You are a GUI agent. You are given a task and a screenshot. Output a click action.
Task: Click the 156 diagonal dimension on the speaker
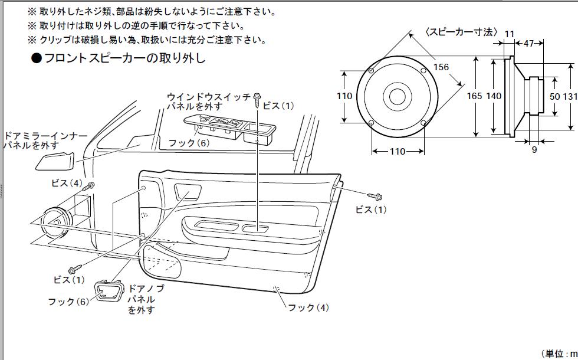pos(441,67)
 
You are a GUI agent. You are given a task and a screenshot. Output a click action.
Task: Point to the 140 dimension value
pos(494,96)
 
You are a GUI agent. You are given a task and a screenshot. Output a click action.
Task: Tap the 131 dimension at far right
pos(570,96)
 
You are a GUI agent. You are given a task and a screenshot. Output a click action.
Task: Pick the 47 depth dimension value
pos(528,43)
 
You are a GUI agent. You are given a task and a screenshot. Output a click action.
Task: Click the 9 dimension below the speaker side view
pos(534,150)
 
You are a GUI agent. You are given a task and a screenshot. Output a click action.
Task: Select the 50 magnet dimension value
pos(555,96)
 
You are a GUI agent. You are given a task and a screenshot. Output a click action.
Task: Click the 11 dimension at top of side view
pos(509,34)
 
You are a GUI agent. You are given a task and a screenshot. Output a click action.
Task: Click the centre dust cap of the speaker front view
pos(397,96)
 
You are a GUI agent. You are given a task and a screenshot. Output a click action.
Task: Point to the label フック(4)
pos(308,307)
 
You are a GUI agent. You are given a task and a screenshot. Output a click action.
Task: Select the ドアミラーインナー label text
pos(46,136)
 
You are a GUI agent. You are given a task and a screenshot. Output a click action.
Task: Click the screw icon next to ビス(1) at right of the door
pos(376,195)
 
